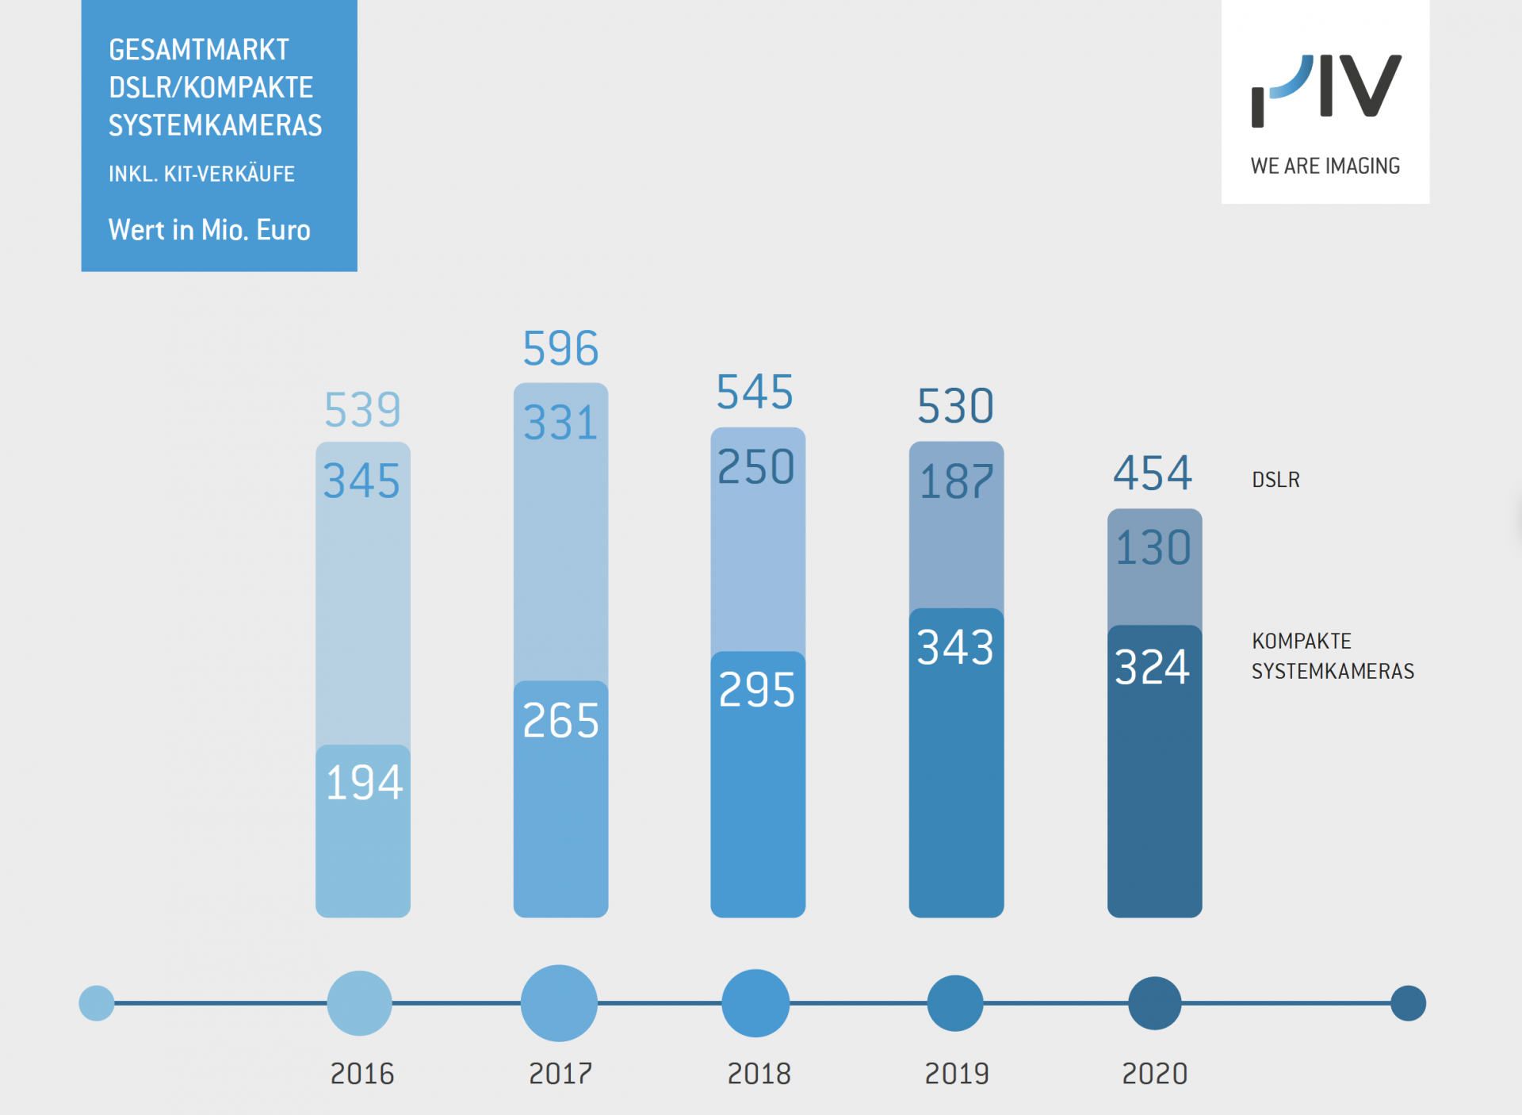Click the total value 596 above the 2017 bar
[x=560, y=348]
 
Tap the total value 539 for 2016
[x=362, y=409]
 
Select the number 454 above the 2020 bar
[x=1153, y=473]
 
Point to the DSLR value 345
[x=361, y=481]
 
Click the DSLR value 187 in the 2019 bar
[x=956, y=481]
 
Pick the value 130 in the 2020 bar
[x=1153, y=547]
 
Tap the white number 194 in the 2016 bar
[x=364, y=783]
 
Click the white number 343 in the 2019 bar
[x=955, y=647]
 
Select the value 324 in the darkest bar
[x=1153, y=667]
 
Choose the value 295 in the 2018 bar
[x=757, y=690]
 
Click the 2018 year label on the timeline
[x=759, y=1074]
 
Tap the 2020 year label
[x=1154, y=1074]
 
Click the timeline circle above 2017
[x=559, y=1003]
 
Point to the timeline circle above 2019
[x=955, y=1003]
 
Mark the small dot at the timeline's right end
[x=1408, y=1003]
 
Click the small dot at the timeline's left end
[x=97, y=1003]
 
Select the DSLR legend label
[x=1275, y=480]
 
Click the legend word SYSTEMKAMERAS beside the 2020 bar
[x=1333, y=672]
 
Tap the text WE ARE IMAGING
[x=1325, y=166]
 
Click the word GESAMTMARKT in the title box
[x=199, y=50]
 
